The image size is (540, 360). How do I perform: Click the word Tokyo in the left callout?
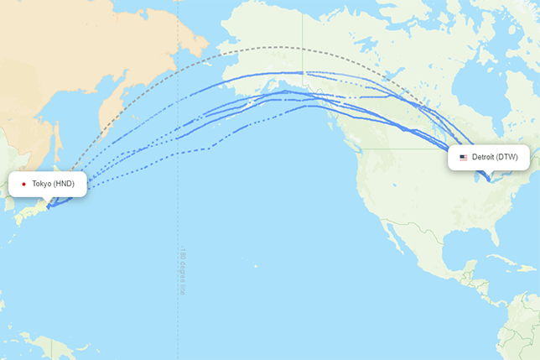[42, 184]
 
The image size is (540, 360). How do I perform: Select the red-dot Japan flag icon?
[23, 184]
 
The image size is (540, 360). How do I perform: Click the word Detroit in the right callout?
[483, 157]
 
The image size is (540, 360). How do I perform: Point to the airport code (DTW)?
[506, 157]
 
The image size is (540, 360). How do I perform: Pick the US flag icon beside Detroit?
[463, 157]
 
